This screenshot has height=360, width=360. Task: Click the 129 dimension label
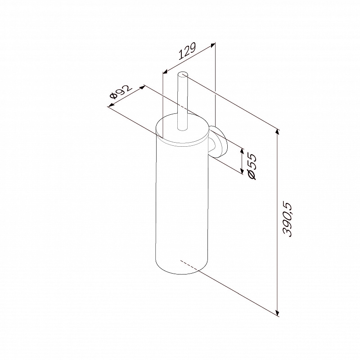[187, 51]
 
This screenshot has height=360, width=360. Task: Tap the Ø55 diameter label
[252, 166]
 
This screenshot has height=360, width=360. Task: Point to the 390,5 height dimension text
[287, 219]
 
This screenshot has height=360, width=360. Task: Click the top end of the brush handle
[183, 74]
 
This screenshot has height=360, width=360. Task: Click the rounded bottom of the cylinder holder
[182, 268]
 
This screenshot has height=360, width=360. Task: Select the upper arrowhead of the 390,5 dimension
[278, 132]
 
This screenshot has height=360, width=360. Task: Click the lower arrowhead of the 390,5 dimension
[278, 313]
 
